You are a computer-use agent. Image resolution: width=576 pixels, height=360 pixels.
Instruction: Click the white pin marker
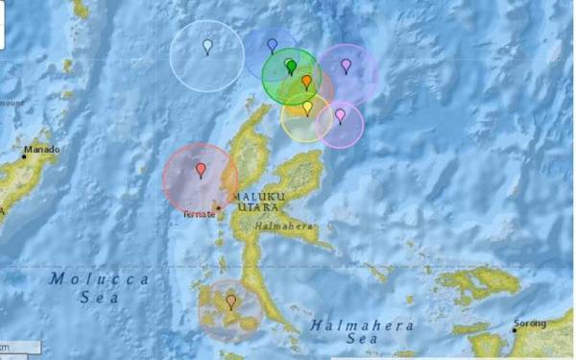(x=207, y=46)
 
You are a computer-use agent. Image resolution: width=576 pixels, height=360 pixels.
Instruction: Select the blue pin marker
(x=272, y=45)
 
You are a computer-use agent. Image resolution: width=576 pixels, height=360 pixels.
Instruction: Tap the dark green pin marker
(x=291, y=66)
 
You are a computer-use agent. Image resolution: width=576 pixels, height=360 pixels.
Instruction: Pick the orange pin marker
(x=306, y=83)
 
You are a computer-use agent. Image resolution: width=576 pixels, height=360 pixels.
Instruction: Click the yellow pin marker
(x=307, y=108)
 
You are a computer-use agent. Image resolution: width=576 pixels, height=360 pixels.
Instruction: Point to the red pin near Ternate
(x=201, y=170)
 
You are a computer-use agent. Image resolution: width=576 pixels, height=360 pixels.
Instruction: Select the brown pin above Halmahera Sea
(x=230, y=301)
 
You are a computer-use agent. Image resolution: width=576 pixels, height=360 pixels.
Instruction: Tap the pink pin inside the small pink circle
(x=340, y=116)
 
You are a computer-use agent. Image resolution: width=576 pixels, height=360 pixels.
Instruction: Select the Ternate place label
(x=199, y=214)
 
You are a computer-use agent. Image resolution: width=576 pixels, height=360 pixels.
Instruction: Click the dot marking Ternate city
(x=218, y=207)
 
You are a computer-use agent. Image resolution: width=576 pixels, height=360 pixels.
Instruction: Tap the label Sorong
(x=529, y=324)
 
